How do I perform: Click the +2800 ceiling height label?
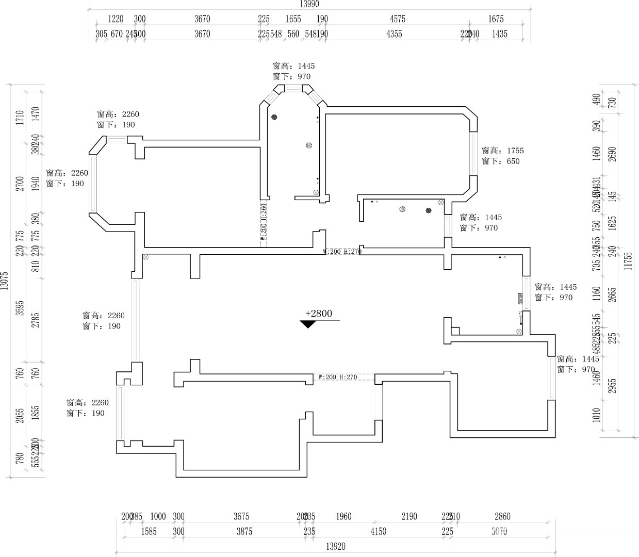coord(319,314)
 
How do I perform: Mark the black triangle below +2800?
coord(308,324)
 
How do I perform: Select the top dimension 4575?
coord(397,19)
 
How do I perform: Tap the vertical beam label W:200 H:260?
coord(263,222)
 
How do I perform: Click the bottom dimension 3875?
coord(244,532)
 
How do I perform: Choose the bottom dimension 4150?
coord(378,532)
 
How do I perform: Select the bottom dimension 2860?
coord(502,517)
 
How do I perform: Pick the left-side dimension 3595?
coord(20,308)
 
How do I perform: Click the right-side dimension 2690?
coord(613,154)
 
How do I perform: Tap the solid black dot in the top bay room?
coord(274,117)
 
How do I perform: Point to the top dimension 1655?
coord(293,19)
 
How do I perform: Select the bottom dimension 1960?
coord(343,517)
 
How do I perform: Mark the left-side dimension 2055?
coord(20,416)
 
